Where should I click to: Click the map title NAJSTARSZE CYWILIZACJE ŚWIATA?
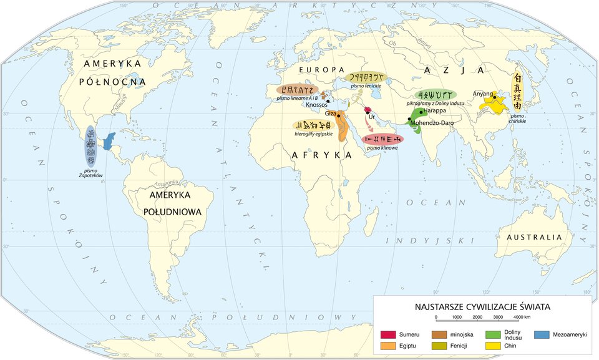point(482,308)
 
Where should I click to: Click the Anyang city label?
point(483,94)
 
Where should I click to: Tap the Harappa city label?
point(434,110)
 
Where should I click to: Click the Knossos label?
point(317,105)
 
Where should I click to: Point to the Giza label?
point(330,114)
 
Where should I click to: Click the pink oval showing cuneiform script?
point(382,139)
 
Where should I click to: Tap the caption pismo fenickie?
point(366,85)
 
